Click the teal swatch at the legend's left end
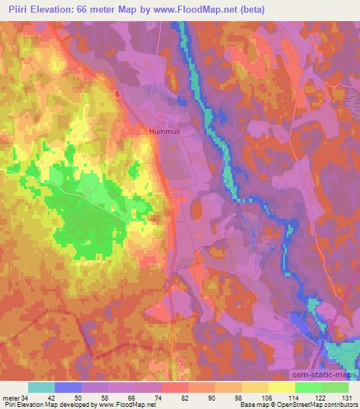click(x=41, y=387)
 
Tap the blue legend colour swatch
click(x=68, y=387)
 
